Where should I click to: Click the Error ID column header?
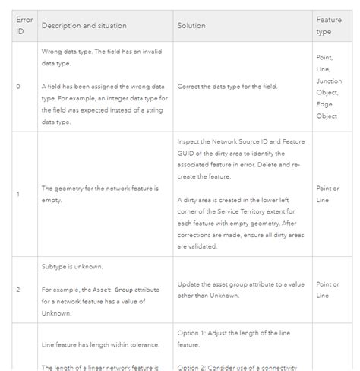[x=24, y=26]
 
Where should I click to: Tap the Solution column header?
[x=191, y=26]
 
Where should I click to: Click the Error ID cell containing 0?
[x=17, y=87]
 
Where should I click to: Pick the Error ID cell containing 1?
[x=17, y=194]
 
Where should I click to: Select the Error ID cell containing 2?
[x=17, y=290]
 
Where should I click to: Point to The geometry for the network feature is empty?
[x=99, y=194]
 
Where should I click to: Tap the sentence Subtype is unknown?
[x=72, y=267]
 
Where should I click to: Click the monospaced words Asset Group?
[x=112, y=290]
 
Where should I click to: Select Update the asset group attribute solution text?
[x=241, y=290]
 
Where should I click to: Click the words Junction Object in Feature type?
[x=329, y=87]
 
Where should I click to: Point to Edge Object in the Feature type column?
[x=326, y=110]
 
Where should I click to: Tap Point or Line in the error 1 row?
[x=328, y=194]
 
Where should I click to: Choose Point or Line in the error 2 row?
[x=328, y=290]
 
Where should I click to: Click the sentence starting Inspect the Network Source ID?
[x=239, y=159]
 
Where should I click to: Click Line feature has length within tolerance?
[x=99, y=345]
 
